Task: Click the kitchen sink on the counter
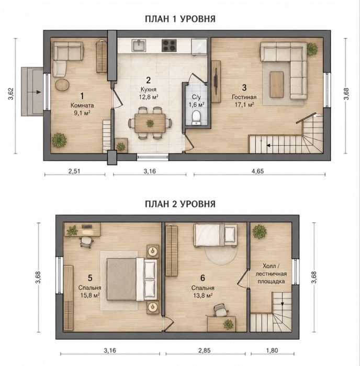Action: click(x=139, y=45)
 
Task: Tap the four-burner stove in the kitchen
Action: click(x=169, y=46)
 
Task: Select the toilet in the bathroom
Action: click(x=196, y=117)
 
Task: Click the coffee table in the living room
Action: click(x=277, y=84)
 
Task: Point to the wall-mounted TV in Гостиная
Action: click(x=216, y=81)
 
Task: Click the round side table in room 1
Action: click(x=62, y=85)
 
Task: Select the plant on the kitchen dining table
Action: click(x=150, y=123)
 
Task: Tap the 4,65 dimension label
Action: click(x=257, y=171)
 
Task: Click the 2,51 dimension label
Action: click(x=74, y=171)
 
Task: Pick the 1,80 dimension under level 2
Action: click(x=272, y=350)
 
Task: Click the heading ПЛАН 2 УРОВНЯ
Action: click(x=180, y=204)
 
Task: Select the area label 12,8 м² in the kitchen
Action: click(x=149, y=97)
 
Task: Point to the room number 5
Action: click(x=90, y=278)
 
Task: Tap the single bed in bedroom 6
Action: click(x=216, y=235)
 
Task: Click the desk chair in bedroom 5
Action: click(x=86, y=241)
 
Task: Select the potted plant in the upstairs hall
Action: click(x=259, y=231)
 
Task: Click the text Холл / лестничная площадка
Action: click(x=271, y=273)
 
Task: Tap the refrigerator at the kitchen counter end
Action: click(x=199, y=47)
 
